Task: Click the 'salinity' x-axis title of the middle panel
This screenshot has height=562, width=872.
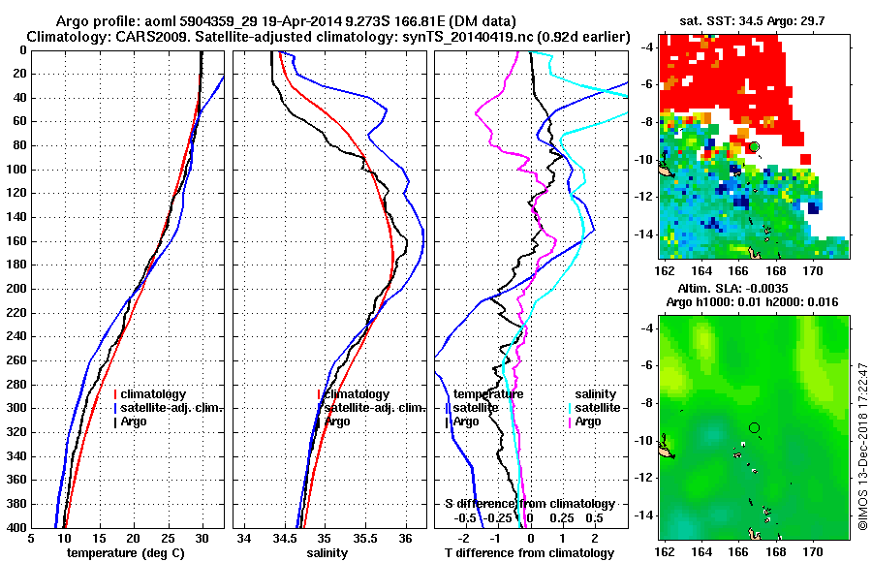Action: point(327,552)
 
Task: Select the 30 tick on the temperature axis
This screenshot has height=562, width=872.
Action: point(202,539)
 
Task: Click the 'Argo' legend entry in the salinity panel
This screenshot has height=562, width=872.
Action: point(337,421)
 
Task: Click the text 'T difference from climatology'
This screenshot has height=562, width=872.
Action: point(530,552)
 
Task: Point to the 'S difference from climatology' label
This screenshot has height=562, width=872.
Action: point(529,504)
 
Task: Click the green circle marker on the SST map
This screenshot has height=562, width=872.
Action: point(754,146)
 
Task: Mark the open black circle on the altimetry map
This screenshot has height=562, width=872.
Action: point(754,427)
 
